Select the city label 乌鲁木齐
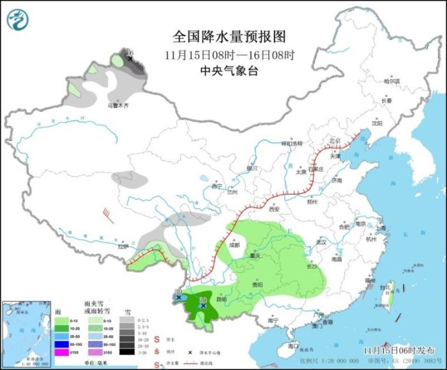pyautogui.click(x=117, y=105)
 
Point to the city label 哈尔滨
pyautogui.click(x=391, y=82)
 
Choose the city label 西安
pyautogui.click(x=275, y=209)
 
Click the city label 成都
pyautogui.click(x=233, y=244)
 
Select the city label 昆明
pyautogui.click(x=220, y=299)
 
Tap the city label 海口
pyautogui.click(x=293, y=345)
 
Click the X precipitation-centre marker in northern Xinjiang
pyautogui.click(x=130, y=59)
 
